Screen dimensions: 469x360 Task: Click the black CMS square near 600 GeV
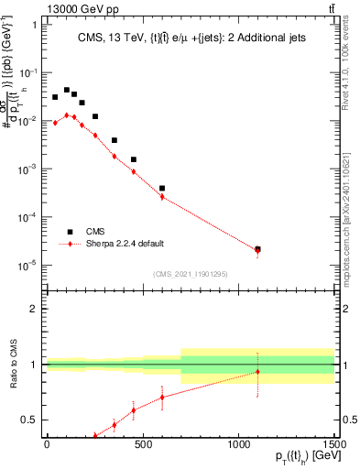[x=162, y=189]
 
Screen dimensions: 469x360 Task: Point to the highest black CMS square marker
[x=67, y=90]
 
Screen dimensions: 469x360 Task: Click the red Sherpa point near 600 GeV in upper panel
[x=162, y=196]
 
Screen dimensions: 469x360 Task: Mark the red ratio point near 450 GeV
[x=133, y=409]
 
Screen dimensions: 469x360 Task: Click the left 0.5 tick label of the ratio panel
[x=32, y=420]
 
